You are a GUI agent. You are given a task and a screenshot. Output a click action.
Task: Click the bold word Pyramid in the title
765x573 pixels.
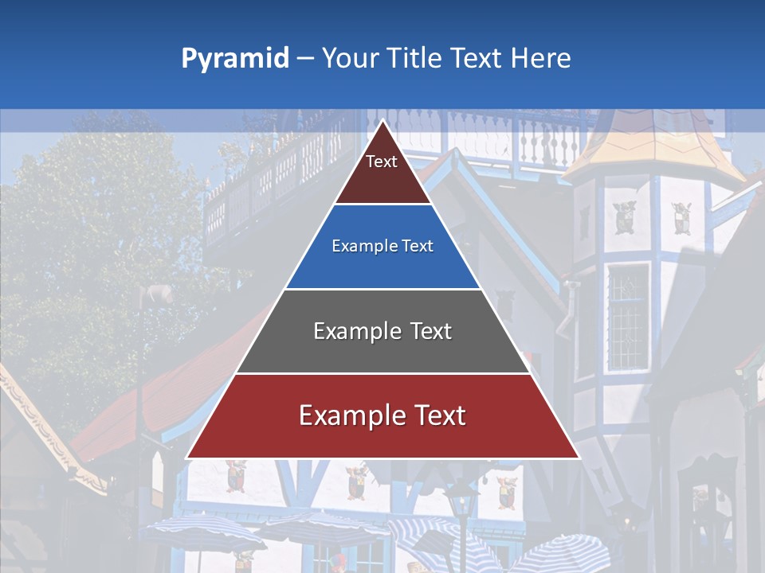tap(234, 59)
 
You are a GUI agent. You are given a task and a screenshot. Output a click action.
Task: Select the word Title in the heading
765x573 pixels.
tap(414, 58)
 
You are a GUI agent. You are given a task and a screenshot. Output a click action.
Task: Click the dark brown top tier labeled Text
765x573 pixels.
tap(382, 171)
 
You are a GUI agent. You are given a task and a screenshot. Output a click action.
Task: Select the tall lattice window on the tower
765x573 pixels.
tap(627, 316)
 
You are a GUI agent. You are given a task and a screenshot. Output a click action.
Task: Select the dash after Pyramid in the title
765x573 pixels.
tap(305, 59)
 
